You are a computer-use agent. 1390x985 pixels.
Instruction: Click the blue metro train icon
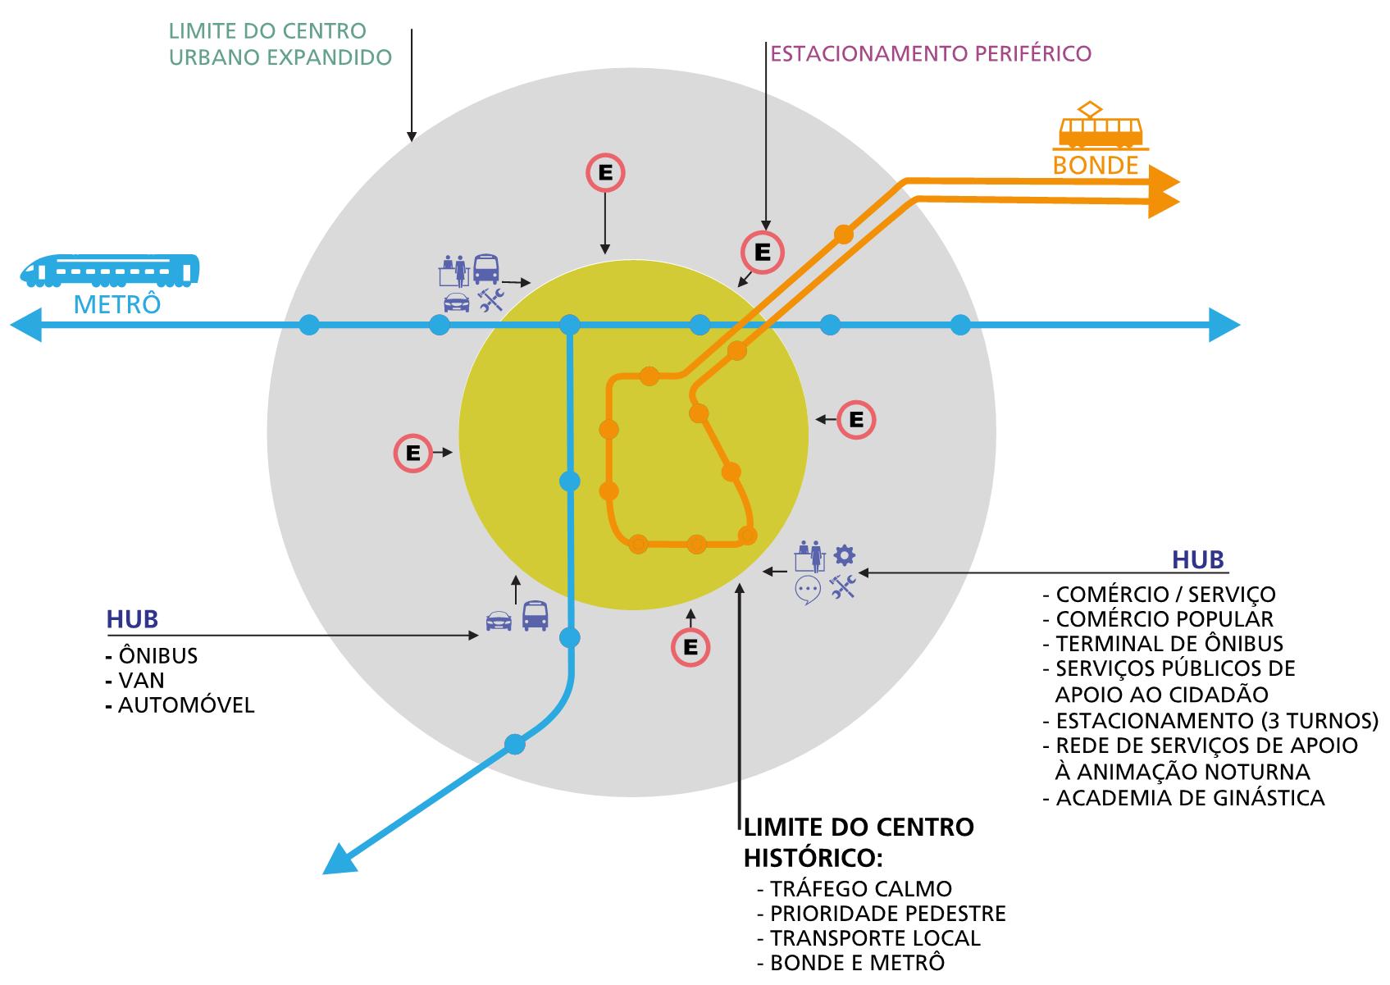pos(110,270)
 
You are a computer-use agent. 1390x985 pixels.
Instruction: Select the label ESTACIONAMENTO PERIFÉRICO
pos(931,54)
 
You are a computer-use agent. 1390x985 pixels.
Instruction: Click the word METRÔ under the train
pos(117,305)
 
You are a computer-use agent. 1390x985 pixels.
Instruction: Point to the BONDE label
pos(1096,166)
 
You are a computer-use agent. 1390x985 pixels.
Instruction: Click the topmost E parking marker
pos(605,173)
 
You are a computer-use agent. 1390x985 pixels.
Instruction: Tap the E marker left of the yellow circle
pos(412,453)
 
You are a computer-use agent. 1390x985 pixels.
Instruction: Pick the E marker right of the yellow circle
pos(856,420)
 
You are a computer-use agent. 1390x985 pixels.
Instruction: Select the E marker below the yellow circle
pos(690,648)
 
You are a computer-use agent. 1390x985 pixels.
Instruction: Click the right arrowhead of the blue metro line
pos(1225,326)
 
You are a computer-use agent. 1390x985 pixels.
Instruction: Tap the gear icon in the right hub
pos(844,555)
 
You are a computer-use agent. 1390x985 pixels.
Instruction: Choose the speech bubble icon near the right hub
pos(808,589)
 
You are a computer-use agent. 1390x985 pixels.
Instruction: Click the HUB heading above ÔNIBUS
pos(132,619)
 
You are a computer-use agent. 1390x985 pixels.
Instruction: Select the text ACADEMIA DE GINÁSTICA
pos(1190,797)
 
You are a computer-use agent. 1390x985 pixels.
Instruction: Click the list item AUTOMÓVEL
pos(186,705)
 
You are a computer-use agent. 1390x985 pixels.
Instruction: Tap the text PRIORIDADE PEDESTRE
pos(887,914)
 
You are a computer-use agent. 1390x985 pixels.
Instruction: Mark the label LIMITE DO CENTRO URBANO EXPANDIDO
pos(280,44)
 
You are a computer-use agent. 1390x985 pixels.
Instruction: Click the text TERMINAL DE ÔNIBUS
pos(1169,644)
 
